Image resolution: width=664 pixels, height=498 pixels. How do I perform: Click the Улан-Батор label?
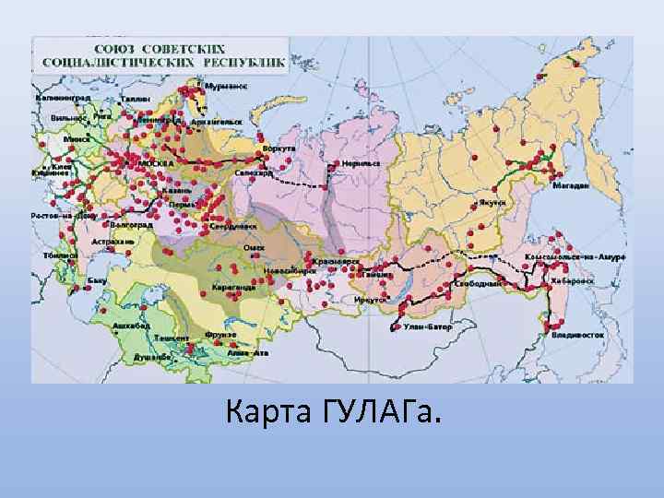tap(425, 326)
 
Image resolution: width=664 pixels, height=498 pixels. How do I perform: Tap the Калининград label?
tap(61, 97)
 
